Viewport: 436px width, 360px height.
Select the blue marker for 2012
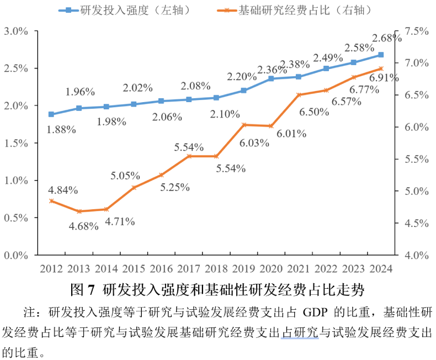(x=51, y=114)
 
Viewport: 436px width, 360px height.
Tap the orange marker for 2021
(x=299, y=95)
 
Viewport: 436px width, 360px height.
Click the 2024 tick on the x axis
(x=380, y=269)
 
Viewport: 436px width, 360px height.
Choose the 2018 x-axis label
(x=216, y=269)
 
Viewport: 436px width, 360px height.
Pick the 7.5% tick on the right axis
(x=417, y=31)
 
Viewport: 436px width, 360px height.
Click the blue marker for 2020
(x=271, y=79)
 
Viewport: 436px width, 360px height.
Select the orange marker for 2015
(x=134, y=188)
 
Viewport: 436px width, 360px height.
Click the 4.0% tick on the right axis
(x=417, y=256)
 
